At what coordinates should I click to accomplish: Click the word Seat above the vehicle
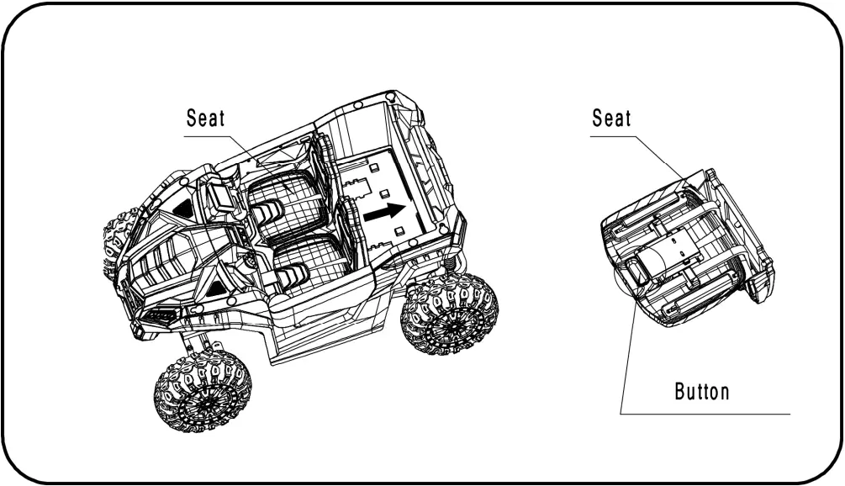pos(205,119)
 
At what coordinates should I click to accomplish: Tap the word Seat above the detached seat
pos(611,119)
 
